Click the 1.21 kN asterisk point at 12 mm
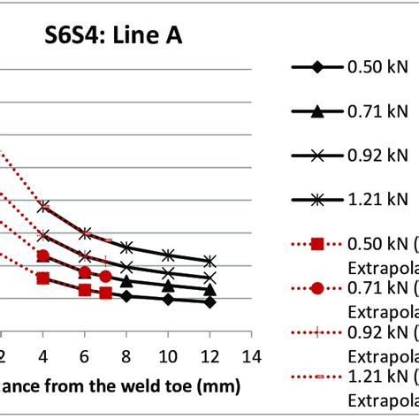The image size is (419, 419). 209,261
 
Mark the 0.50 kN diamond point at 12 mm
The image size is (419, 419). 209,302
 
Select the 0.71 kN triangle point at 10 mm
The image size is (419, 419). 168,286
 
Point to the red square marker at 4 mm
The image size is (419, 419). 43,278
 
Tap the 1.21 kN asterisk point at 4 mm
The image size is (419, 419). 43,206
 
